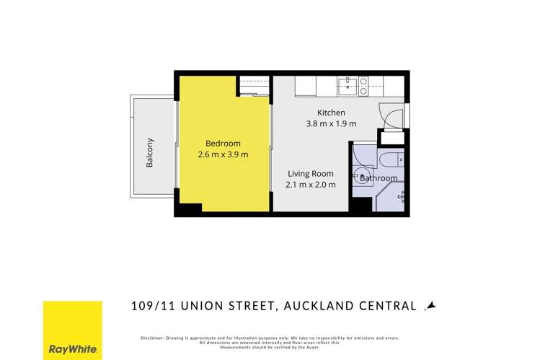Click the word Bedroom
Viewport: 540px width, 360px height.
point(223,143)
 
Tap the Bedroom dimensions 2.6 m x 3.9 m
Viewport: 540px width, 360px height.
point(223,154)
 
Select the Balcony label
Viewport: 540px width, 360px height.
point(150,152)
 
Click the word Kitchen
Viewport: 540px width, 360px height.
point(332,113)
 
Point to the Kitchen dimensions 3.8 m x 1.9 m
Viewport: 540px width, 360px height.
point(332,123)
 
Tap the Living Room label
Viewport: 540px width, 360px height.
point(311,173)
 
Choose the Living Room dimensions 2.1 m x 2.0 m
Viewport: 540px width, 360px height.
point(311,185)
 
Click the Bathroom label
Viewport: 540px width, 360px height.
point(379,178)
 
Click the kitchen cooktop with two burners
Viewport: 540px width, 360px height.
point(363,87)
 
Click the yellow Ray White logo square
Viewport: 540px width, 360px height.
point(72,330)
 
